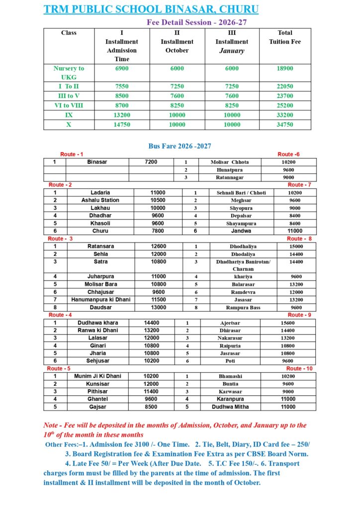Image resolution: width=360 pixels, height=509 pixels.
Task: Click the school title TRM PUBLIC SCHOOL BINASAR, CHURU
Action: [x=151, y=9]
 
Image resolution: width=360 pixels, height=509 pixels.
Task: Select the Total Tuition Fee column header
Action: [x=285, y=37]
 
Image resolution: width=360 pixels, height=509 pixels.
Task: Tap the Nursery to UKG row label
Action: [x=69, y=73]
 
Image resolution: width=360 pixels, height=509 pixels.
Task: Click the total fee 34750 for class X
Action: [x=285, y=125]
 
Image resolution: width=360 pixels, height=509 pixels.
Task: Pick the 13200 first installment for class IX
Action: [x=122, y=115]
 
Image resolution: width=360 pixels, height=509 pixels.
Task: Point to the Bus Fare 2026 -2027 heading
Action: [x=180, y=146]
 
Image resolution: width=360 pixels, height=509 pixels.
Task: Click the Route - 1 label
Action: [x=72, y=155]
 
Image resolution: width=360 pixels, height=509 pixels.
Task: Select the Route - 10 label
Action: [x=300, y=368]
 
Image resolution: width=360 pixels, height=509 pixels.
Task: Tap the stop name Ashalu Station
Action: [x=100, y=200]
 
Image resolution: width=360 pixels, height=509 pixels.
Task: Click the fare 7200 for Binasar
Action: [x=151, y=162]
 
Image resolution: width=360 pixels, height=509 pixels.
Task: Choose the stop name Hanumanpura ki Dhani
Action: [x=100, y=300]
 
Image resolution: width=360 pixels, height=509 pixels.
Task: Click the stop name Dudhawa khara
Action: [x=97, y=323]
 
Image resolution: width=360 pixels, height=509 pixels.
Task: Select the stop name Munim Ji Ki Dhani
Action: [x=97, y=376]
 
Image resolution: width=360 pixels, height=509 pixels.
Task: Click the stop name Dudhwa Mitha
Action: [x=230, y=407]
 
